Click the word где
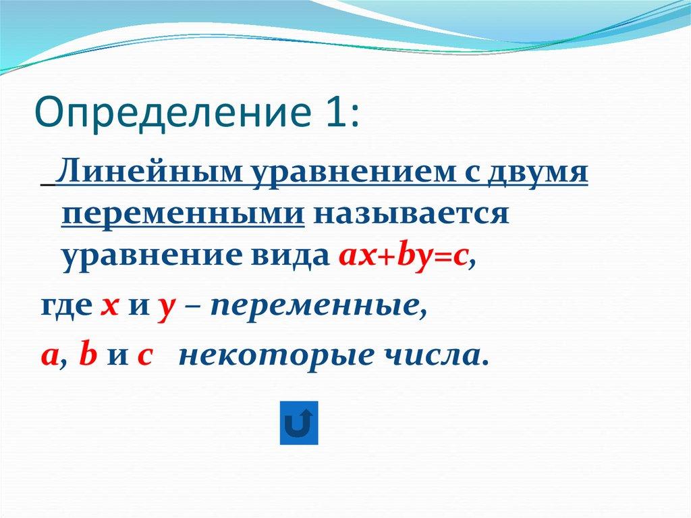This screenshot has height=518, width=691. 64,308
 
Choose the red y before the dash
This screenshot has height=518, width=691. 164,310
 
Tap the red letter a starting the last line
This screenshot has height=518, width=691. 48,357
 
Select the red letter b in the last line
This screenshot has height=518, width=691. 86,355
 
